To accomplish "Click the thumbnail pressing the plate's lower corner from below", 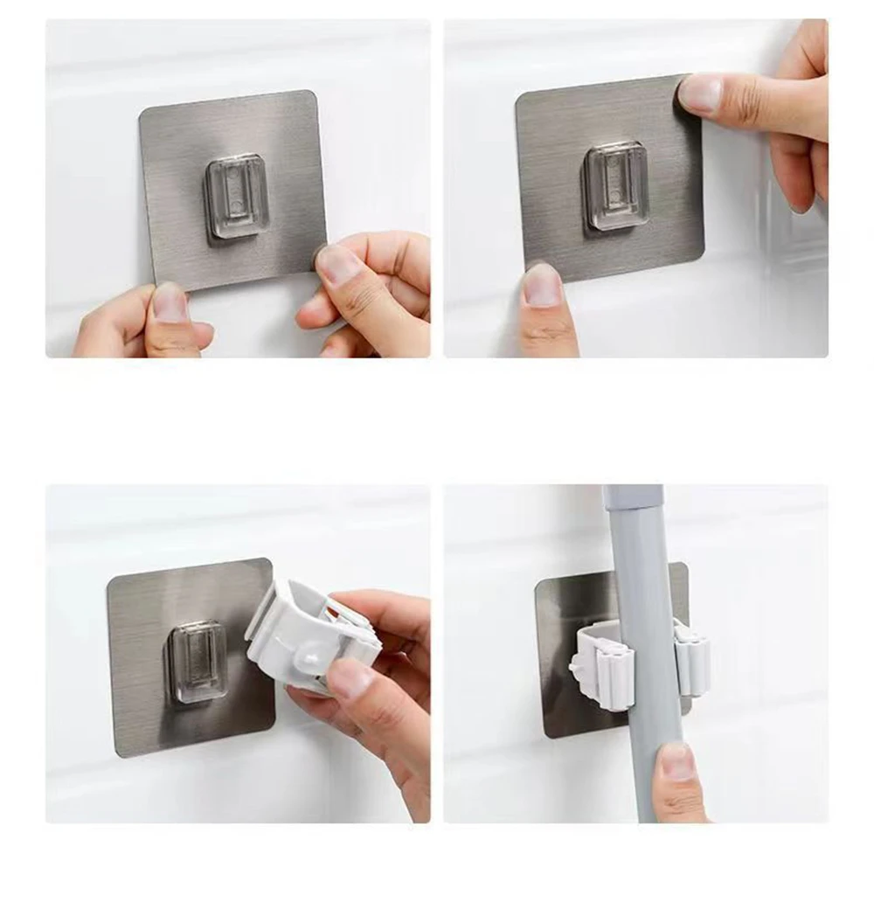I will tap(543, 287).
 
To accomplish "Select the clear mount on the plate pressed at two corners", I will tap(617, 186).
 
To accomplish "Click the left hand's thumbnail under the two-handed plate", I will tap(170, 302).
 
